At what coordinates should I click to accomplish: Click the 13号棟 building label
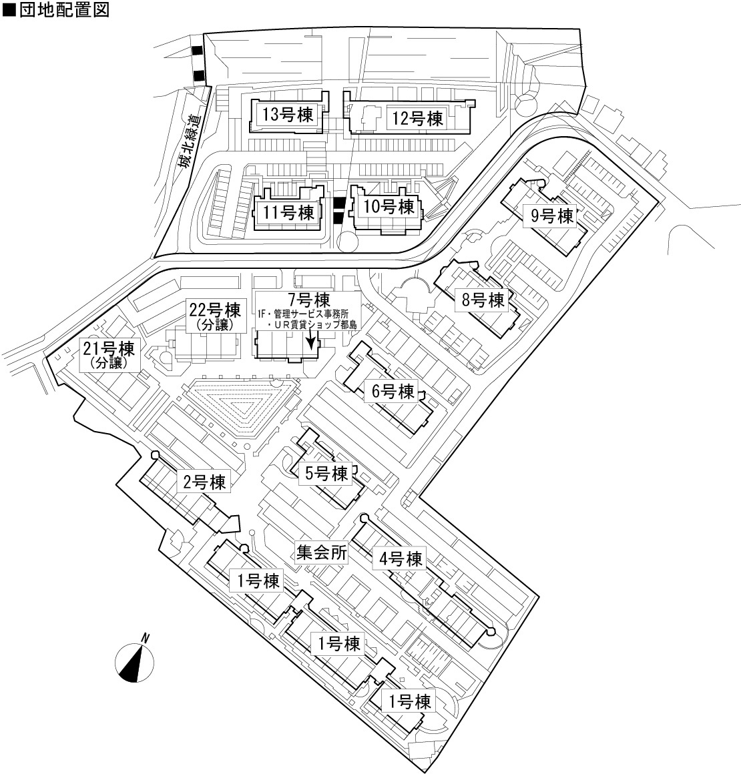tap(288, 115)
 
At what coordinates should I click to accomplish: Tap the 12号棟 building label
tap(417, 119)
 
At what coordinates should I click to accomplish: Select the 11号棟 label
tap(288, 213)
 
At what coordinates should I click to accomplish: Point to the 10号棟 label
tap(389, 206)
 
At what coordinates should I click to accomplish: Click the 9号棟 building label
tap(552, 216)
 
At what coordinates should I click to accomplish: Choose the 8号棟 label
tap(483, 300)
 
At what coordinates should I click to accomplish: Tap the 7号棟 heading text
tap(309, 300)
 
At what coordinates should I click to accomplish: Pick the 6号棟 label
tap(393, 392)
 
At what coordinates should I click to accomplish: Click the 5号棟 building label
tap(326, 473)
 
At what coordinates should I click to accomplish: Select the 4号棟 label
tap(401, 558)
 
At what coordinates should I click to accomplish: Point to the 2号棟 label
tap(204, 482)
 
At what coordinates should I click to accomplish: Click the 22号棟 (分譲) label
tap(215, 316)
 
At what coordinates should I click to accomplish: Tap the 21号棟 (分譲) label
tap(109, 354)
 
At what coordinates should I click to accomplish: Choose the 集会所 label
tap(322, 552)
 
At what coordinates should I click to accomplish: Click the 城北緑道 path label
tap(191, 142)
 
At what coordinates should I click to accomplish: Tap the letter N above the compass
tap(146, 638)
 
